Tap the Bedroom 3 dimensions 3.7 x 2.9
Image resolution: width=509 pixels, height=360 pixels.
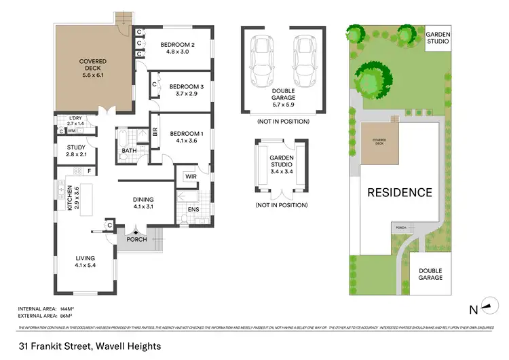[182, 95]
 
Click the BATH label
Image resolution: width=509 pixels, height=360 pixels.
[129, 151]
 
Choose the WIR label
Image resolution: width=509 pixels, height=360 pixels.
[189, 177]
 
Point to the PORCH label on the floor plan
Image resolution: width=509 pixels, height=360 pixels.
[136, 239]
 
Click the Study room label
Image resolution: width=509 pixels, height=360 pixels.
[76, 149]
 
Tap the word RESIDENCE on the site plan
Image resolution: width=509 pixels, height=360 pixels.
[399, 192]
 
